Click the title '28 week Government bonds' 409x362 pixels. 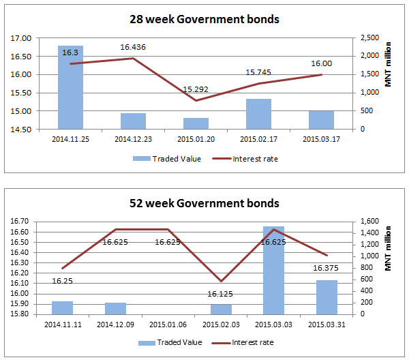[x=204, y=20]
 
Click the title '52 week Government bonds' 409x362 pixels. [x=204, y=203]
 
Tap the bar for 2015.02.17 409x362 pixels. [x=258, y=114]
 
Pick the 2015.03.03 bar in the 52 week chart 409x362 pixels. [x=273, y=270]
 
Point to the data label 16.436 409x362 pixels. [x=133, y=47]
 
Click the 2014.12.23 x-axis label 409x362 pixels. [x=133, y=139]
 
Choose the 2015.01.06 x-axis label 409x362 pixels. [x=167, y=325]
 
